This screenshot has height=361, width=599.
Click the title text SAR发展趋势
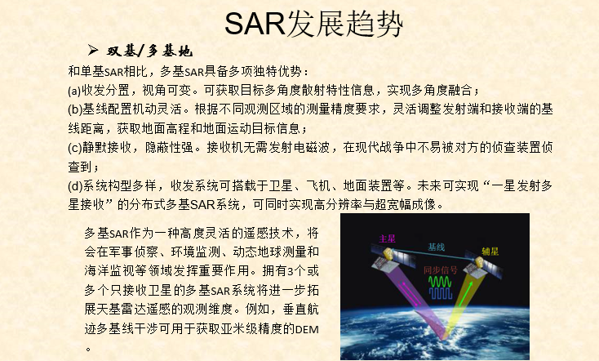click(x=314, y=24)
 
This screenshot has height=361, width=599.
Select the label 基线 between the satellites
click(x=437, y=246)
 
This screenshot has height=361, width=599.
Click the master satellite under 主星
click(x=383, y=259)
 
